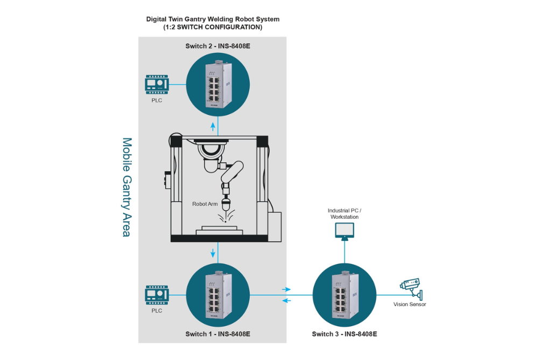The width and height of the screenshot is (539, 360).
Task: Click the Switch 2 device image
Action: [x=218, y=84]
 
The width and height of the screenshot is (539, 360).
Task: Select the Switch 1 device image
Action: [x=218, y=295]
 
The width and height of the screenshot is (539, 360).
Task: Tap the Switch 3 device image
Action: [x=345, y=295]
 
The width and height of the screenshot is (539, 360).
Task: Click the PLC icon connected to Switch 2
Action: [x=157, y=84]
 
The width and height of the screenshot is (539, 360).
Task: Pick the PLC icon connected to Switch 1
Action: [x=157, y=295]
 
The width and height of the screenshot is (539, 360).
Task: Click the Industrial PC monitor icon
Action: [x=345, y=231]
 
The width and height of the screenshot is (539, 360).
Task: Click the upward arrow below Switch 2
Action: [x=213, y=127]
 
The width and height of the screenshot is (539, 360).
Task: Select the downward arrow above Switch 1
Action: [x=213, y=253]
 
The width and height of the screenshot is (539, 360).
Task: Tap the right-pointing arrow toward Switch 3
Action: [x=286, y=289]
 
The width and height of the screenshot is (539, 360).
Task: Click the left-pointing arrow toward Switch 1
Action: [x=286, y=301]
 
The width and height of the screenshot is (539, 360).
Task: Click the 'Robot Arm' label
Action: [x=205, y=204]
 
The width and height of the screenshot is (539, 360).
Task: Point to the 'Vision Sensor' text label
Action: [x=410, y=304]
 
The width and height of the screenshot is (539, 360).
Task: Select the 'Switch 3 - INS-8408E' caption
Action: [x=345, y=334]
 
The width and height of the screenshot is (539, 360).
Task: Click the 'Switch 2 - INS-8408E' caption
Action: [x=218, y=46]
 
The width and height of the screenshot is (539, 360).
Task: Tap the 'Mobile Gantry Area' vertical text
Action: [x=127, y=187]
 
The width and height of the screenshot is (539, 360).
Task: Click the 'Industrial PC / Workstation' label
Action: [x=345, y=214]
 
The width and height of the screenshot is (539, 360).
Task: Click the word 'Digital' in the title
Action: [x=156, y=19]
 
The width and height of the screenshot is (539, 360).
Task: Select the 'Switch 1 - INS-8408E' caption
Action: [x=218, y=334]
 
